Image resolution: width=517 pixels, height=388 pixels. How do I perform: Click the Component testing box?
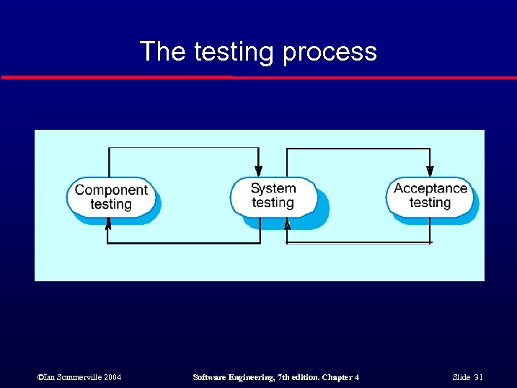coord(111,197)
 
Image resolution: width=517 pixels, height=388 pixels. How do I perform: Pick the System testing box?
coord(273,195)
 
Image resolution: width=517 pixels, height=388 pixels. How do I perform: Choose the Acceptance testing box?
coord(430,195)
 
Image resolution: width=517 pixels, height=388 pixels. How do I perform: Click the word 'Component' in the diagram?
coord(111,190)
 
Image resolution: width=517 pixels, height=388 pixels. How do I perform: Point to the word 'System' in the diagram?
coord(273,188)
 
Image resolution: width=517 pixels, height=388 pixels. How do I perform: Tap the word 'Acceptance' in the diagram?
coord(430,188)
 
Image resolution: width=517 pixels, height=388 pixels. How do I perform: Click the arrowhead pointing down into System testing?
coord(259,170)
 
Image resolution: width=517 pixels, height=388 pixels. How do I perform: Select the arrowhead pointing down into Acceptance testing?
coord(430,170)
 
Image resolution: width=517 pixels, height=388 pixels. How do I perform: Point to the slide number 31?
coord(478,377)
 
